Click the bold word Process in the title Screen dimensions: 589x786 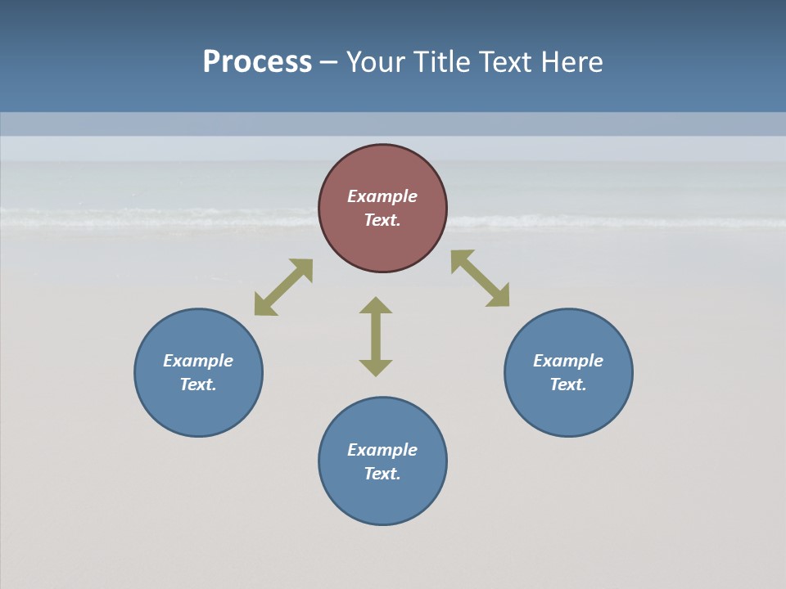click(257, 62)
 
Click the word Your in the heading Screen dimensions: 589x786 click(377, 62)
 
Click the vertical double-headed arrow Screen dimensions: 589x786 click(376, 336)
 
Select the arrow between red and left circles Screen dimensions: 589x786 click(283, 287)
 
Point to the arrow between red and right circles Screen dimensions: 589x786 click(481, 278)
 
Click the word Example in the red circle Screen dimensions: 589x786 click(382, 196)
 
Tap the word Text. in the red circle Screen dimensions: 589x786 click(382, 220)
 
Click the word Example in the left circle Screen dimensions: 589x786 click(198, 361)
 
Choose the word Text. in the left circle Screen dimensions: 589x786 click(198, 384)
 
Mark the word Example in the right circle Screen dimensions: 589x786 click(568, 361)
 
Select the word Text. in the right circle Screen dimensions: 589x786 click(568, 384)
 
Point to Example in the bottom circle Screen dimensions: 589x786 click(382, 450)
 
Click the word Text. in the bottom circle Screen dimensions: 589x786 click(382, 474)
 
